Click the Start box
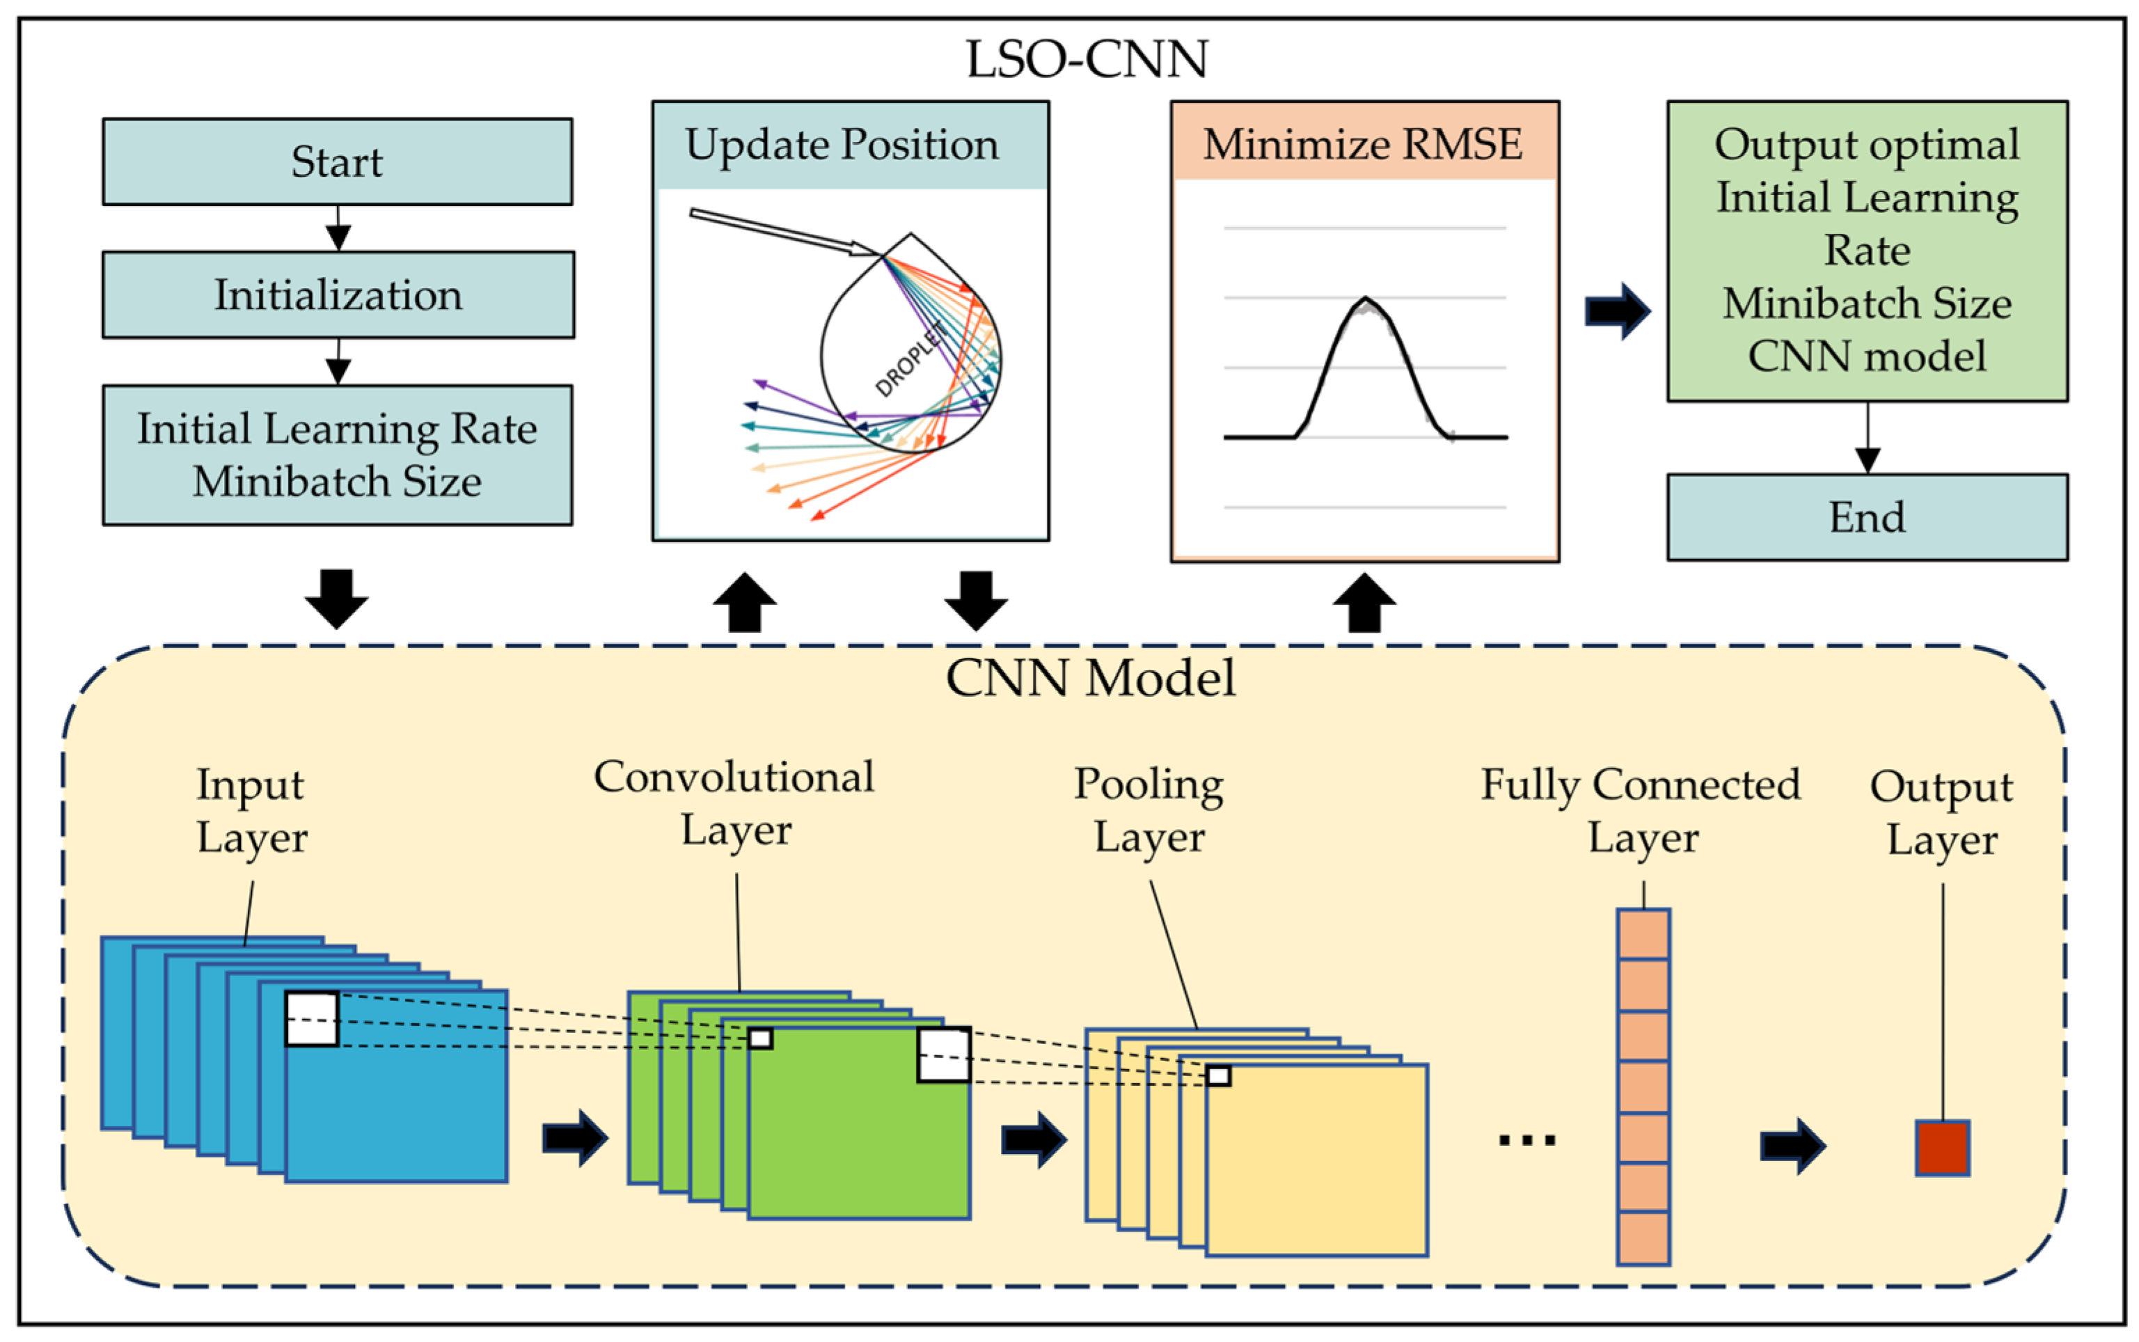[338, 161]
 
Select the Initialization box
[338, 294]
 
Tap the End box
[1867, 517]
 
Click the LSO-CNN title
[1087, 59]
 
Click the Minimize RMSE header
[1364, 142]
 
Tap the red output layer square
[1942, 1148]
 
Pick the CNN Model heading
[1090, 679]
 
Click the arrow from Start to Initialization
[338, 228]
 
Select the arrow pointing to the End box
[1868, 438]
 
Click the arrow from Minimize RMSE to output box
[1617, 310]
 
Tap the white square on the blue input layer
[312, 1018]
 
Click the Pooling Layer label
[1149, 810]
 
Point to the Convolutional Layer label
[735, 803]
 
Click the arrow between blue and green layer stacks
[575, 1138]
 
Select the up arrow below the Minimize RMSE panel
[1364, 603]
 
